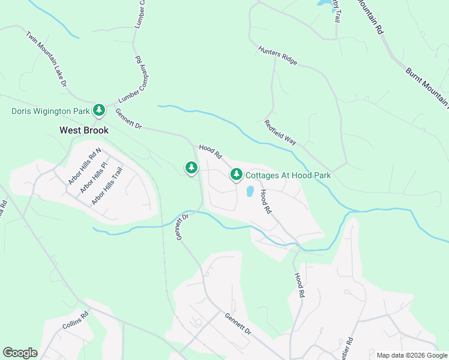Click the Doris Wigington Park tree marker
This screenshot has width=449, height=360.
click(99, 110)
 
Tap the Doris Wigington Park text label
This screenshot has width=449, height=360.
click(50, 111)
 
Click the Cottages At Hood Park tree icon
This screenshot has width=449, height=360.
click(237, 175)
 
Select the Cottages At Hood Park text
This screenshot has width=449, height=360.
click(288, 176)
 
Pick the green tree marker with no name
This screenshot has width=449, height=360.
click(191, 167)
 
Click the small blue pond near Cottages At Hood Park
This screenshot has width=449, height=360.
click(249, 192)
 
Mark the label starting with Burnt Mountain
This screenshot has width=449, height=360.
click(427, 88)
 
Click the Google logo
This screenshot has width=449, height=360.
click(20, 353)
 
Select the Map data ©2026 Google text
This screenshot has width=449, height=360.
click(411, 355)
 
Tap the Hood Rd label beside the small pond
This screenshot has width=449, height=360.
click(265, 202)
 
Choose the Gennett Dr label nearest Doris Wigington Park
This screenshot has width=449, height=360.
click(128, 119)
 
